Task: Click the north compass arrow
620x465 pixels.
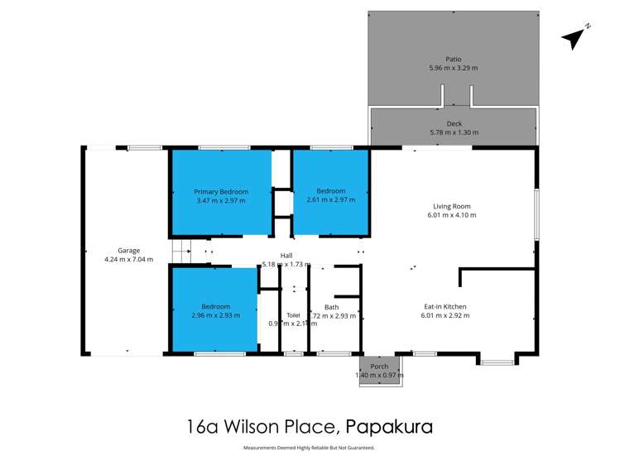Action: click(574, 37)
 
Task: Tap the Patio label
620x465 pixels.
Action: click(453, 59)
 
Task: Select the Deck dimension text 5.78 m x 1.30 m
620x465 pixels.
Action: click(454, 132)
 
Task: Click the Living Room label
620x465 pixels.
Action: click(452, 206)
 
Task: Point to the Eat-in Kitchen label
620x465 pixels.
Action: click(445, 306)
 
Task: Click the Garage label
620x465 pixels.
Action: click(128, 250)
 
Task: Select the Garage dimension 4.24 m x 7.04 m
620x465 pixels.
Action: click(128, 259)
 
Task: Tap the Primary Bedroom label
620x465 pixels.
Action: click(221, 191)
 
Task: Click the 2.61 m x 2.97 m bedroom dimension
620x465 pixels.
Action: click(330, 199)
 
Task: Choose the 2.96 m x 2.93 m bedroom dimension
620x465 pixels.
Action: click(214, 315)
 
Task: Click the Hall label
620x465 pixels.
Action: click(286, 256)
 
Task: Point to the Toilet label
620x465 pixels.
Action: click(293, 314)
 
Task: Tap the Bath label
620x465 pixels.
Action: click(331, 307)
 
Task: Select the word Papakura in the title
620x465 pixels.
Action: click(389, 428)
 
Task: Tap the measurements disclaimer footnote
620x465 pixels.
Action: click(309, 448)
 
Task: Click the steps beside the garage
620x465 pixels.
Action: click(181, 250)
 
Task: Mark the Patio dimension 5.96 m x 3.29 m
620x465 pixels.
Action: click(453, 68)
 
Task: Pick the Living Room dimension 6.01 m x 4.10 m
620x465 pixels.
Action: click(452, 215)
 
